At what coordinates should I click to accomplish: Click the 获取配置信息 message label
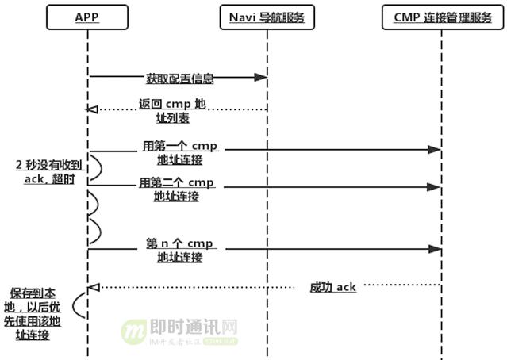[x=179, y=79]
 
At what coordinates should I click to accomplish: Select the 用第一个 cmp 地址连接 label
[x=179, y=153]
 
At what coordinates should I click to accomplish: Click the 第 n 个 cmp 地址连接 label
[x=179, y=250]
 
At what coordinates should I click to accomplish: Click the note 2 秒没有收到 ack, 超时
[x=48, y=171]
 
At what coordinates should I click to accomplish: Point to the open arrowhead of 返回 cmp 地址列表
[x=92, y=109]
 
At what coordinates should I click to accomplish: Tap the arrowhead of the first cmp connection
[x=435, y=149]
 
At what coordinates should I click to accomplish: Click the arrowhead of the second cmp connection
[x=435, y=186]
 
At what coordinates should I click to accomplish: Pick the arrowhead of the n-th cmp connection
[x=435, y=248]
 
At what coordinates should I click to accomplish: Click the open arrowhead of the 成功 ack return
[x=92, y=286]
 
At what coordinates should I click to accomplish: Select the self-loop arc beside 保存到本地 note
[x=79, y=305]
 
